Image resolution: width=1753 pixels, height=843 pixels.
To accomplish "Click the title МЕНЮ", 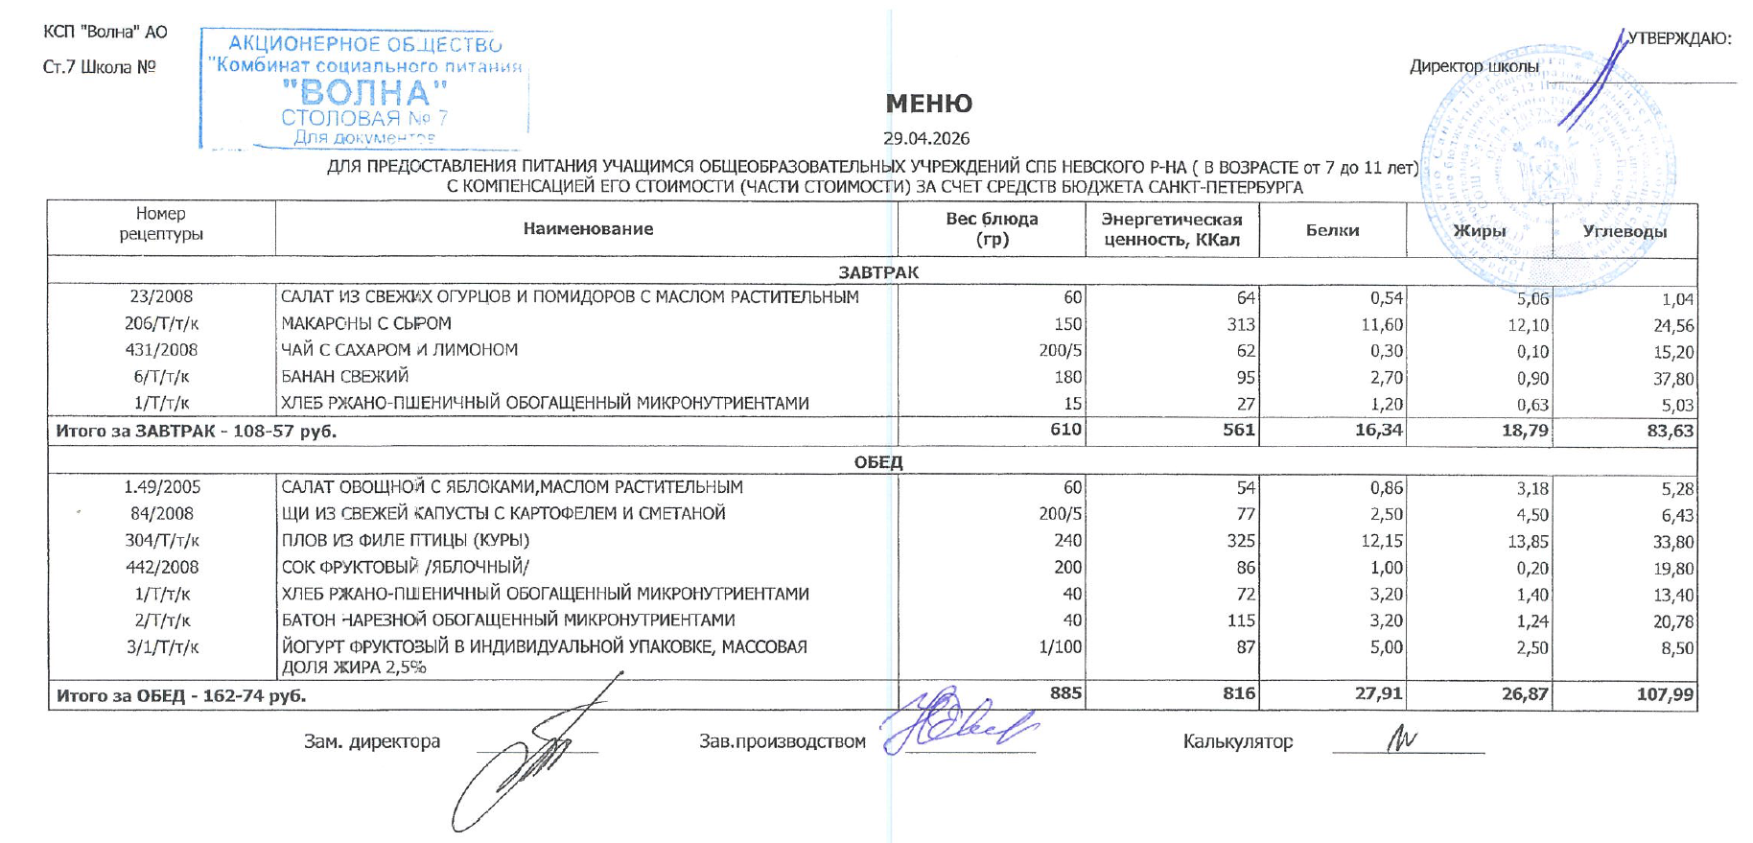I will (x=928, y=104).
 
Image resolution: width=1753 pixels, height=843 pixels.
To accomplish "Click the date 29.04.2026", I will (x=926, y=138).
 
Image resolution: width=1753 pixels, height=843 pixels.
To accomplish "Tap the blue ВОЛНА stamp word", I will (x=364, y=93).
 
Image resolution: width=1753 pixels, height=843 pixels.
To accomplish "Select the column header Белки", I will (x=1332, y=230).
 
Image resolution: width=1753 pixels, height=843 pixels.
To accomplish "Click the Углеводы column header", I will (x=1624, y=231).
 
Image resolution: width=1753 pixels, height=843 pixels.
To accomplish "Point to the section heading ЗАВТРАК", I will (x=878, y=272).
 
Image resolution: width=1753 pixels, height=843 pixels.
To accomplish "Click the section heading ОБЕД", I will (x=878, y=462).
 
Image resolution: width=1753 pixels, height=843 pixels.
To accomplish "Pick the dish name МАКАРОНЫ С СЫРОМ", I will (x=365, y=323).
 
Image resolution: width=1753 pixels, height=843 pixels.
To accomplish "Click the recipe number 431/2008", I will (x=162, y=350).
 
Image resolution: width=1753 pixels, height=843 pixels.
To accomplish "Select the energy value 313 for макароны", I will (x=1240, y=325).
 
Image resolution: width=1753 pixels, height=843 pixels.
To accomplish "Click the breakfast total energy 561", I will (x=1238, y=430).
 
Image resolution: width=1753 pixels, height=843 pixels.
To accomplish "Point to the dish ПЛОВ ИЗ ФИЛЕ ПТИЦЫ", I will (x=405, y=540).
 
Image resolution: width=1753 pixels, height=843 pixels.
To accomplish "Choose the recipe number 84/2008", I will (x=162, y=514).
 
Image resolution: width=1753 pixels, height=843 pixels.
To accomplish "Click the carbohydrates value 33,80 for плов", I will (x=1672, y=542).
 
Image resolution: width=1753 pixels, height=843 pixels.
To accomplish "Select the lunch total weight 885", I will (x=1065, y=692).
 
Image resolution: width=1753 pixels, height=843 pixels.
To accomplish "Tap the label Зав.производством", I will (x=782, y=741).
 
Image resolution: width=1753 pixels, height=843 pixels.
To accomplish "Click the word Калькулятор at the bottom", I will (x=1237, y=741).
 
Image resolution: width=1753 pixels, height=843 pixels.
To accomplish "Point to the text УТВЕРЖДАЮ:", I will (x=1679, y=38).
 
